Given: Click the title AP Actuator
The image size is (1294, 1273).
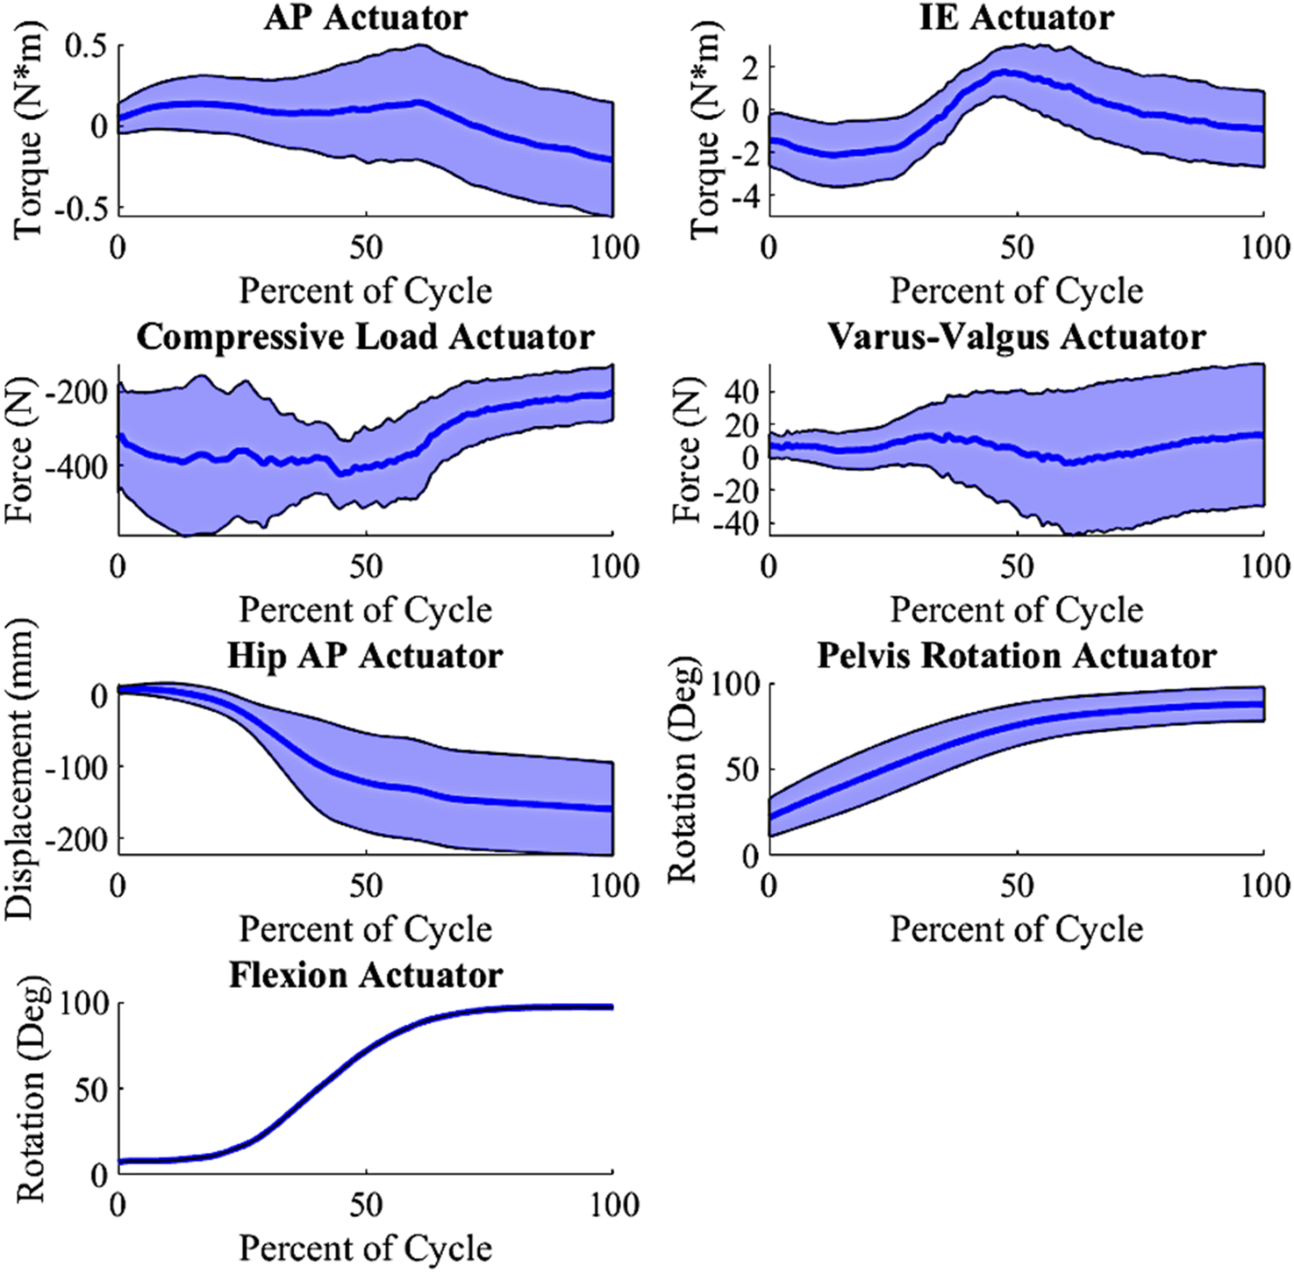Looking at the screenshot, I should (366, 18).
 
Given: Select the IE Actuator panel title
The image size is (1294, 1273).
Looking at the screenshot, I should (1017, 18).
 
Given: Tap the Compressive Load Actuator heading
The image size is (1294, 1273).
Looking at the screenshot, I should (366, 338).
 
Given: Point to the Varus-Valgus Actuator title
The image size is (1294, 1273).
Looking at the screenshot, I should (1017, 338).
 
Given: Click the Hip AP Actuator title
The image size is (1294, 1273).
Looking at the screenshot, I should (366, 657).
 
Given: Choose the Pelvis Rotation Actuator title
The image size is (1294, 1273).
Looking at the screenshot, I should (1017, 657).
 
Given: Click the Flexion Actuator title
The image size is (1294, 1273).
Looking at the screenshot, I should (366, 976).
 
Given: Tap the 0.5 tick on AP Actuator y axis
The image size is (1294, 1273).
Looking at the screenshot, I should (87, 46).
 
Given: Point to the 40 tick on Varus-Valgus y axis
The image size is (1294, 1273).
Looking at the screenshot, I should (739, 392).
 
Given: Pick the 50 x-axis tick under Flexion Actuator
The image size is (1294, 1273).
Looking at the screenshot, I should (366, 1205).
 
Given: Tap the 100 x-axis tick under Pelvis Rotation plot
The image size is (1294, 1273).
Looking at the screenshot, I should (1264, 886).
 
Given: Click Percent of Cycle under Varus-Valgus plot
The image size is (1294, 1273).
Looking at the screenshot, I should (1017, 610).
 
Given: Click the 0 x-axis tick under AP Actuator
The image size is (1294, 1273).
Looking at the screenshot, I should (118, 248).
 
